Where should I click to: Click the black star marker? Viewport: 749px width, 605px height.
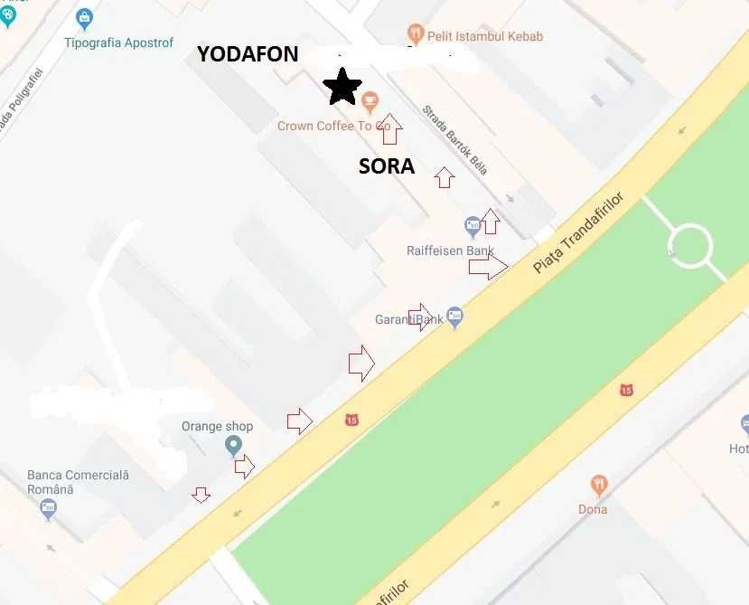click(x=342, y=87)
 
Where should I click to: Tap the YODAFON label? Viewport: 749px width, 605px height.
click(x=248, y=54)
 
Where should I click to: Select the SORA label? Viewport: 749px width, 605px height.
click(x=387, y=166)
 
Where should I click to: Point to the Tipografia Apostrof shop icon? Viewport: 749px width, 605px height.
click(x=84, y=17)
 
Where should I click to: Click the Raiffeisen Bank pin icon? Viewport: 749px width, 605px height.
click(x=473, y=226)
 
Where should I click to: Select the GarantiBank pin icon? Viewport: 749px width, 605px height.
click(x=454, y=317)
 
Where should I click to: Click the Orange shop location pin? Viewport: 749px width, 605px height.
click(x=234, y=445)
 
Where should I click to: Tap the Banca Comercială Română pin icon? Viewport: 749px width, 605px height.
click(x=49, y=509)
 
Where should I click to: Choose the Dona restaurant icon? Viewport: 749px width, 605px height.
click(x=598, y=486)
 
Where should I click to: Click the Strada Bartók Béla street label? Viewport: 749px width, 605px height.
click(x=454, y=140)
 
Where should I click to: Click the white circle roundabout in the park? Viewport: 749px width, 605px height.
click(x=689, y=245)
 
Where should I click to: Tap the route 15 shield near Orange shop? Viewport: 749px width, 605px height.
click(x=351, y=420)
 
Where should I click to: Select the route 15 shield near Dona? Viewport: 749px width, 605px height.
click(x=626, y=390)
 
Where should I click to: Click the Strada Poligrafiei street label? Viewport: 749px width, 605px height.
click(x=20, y=99)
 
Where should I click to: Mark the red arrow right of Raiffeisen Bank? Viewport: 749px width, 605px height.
click(x=488, y=266)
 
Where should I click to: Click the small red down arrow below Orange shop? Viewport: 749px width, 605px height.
click(x=201, y=494)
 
